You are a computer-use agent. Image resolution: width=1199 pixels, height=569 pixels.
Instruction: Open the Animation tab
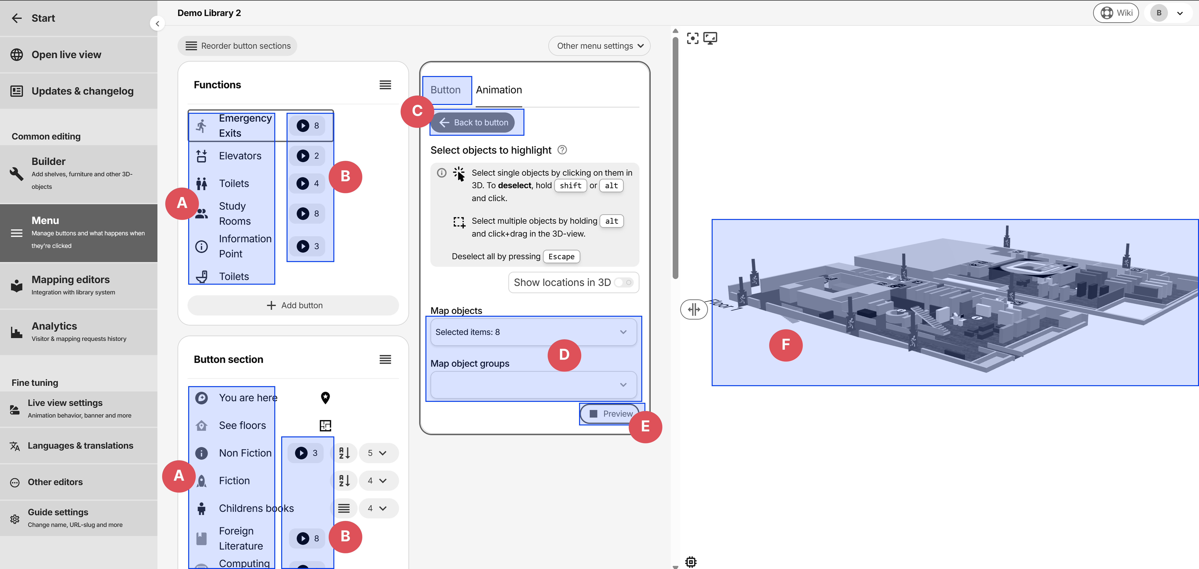pyautogui.click(x=498, y=90)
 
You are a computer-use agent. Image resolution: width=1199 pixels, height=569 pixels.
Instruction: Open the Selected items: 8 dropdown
pyautogui.click(x=533, y=332)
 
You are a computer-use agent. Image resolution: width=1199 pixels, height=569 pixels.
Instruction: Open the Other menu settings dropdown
pyautogui.click(x=599, y=46)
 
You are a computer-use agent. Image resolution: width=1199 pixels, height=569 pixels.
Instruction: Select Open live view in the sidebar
pyautogui.click(x=66, y=55)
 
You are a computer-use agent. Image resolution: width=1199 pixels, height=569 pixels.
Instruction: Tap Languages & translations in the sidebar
pyautogui.click(x=80, y=446)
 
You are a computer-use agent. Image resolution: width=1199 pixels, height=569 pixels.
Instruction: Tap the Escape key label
pyautogui.click(x=561, y=256)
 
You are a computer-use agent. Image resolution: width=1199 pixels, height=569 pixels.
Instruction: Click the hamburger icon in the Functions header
pyautogui.click(x=385, y=85)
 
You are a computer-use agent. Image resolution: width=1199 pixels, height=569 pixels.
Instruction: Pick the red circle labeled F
pyautogui.click(x=786, y=345)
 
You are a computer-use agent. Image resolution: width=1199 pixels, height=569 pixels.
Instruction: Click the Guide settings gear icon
pyautogui.click(x=15, y=519)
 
